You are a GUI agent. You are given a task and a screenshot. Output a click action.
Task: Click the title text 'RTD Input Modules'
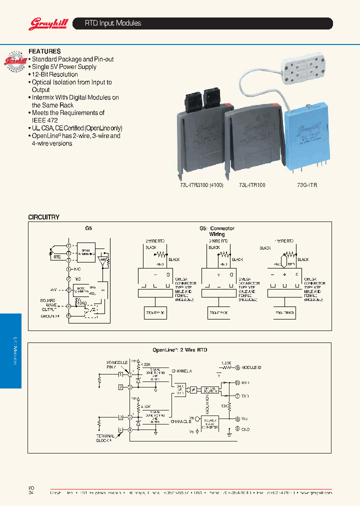click(113, 23)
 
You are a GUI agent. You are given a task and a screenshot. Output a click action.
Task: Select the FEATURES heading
click(44, 51)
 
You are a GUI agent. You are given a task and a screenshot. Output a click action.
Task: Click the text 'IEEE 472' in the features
click(45, 120)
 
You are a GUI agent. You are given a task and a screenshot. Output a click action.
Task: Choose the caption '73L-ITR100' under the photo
click(252, 185)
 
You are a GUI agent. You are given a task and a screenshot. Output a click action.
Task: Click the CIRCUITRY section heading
click(43, 217)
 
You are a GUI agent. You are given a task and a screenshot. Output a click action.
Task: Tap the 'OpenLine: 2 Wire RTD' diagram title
click(179, 350)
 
